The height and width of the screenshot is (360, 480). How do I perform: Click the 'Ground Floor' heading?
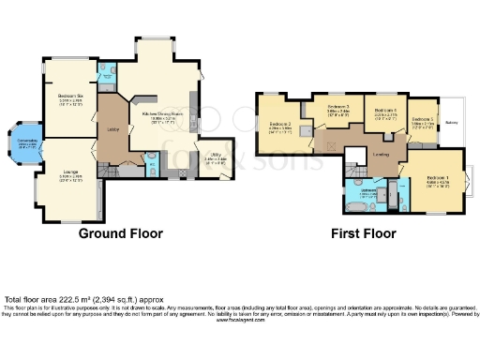point(120,233)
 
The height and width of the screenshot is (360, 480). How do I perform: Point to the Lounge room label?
point(70,172)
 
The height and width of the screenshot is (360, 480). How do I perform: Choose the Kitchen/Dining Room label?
point(165,114)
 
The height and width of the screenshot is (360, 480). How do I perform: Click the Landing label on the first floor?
point(382,155)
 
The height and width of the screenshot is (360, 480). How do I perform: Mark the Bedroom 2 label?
point(281,125)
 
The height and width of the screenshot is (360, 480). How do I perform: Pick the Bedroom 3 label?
point(337,107)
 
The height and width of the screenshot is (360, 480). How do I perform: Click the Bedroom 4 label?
point(387,111)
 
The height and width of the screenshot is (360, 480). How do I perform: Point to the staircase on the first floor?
point(355,163)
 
